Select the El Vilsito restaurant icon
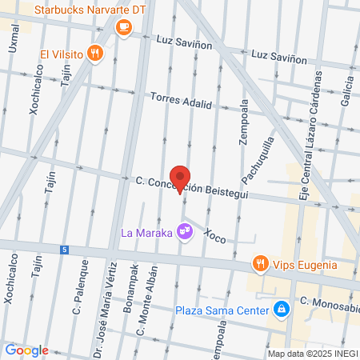coord(95,54)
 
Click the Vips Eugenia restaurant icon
coord(259,263)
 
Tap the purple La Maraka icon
coord(186,232)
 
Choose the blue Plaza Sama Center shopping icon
coord(281,309)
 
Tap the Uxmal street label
coord(14,40)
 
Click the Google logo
coord(26,350)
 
